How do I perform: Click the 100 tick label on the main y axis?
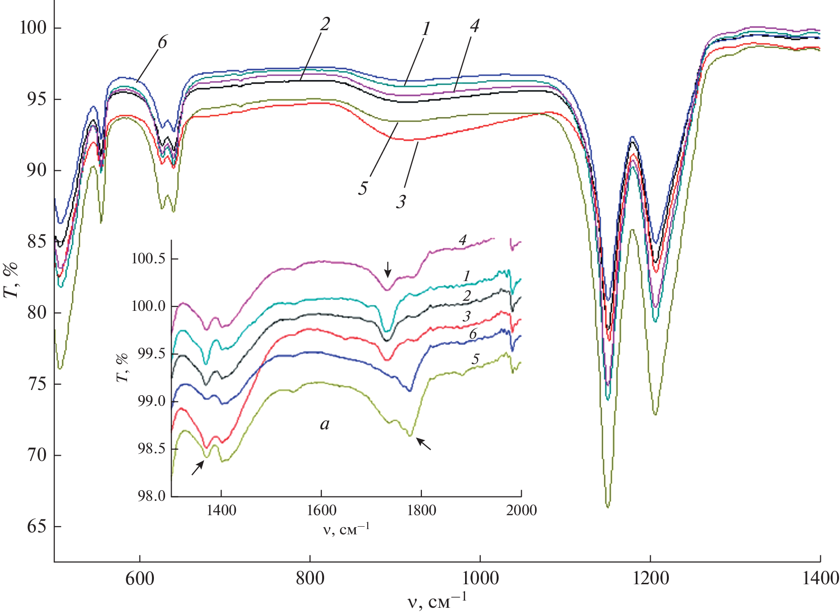(33, 28)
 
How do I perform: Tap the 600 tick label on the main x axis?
(140, 578)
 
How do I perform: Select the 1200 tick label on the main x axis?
(651, 578)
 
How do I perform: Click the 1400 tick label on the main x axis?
(820, 578)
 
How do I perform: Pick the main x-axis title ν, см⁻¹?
(437, 601)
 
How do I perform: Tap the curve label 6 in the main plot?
(163, 42)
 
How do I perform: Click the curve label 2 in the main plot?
(326, 24)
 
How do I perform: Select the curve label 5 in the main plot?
(363, 188)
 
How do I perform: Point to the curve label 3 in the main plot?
(401, 201)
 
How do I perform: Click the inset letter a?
(325, 424)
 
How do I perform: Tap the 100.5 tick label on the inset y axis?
(148, 259)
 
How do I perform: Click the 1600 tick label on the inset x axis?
(321, 510)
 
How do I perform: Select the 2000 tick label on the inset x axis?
(522, 510)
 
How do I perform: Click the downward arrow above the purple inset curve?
(388, 269)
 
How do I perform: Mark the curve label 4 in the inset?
(462, 240)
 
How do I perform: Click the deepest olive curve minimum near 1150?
(608, 506)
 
